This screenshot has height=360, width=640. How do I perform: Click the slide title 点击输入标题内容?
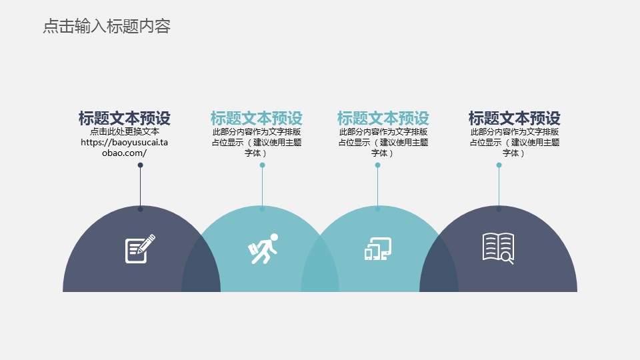pos(107,26)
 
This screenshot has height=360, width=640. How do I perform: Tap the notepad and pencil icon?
pos(140,249)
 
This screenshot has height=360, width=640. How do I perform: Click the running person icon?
pos(263,249)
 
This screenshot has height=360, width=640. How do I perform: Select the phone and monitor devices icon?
pos(378,249)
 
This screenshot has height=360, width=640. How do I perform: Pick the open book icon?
pos(499,249)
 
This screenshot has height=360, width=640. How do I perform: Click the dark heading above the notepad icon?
pos(125,119)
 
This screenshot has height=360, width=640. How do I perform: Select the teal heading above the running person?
pos(256,119)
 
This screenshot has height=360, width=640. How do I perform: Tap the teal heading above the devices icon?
pos(383,119)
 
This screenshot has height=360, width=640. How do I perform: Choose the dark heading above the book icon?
pos(514,119)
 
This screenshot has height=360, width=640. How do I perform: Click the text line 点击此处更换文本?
pos(125,131)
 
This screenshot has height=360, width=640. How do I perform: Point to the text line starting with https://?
pos(125,143)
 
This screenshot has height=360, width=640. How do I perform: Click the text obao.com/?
pos(125,153)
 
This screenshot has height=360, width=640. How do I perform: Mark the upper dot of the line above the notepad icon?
pos(141,165)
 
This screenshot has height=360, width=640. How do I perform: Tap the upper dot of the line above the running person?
pos(263,165)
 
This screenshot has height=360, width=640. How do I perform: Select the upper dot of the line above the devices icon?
pos(377,165)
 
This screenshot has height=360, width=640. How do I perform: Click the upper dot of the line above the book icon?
pos(499,165)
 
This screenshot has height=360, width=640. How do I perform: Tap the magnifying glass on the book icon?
pos(507,258)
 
